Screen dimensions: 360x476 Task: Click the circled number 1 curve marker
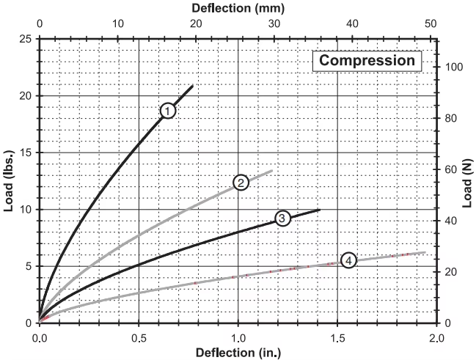(x=168, y=111)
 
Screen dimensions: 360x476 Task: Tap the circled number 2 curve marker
(x=241, y=182)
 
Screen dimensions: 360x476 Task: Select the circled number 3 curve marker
(x=282, y=218)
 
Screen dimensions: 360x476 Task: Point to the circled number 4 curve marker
(x=349, y=260)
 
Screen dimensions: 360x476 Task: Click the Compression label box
(x=367, y=61)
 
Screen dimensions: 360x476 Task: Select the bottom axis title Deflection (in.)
(x=238, y=353)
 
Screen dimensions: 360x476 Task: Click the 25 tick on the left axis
(x=26, y=39)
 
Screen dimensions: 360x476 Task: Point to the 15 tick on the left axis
(x=26, y=153)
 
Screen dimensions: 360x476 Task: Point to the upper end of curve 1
(x=193, y=86)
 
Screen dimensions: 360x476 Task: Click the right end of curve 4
(x=425, y=252)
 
